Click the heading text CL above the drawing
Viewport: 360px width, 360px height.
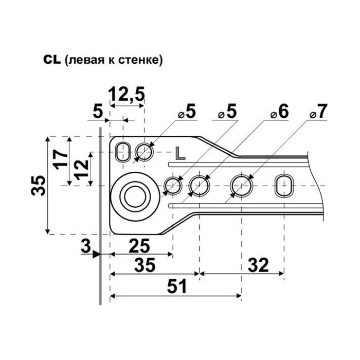[x=52, y=60]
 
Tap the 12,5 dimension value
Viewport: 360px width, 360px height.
[x=127, y=95]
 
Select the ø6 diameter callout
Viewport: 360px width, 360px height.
[x=279, y=112]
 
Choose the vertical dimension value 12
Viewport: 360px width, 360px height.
[x=81, y=169]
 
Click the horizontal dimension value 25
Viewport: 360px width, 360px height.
[x=139, y=246]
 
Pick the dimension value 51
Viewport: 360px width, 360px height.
[x=177, y=287]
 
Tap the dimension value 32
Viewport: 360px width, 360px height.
[x=258, y=265]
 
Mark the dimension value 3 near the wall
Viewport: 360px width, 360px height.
[x=86, y=246]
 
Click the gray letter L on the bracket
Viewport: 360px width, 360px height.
[x=180, y=153]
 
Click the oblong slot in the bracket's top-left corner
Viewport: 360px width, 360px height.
[x=123, y=152]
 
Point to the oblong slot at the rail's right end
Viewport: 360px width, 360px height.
[x=284, y=186]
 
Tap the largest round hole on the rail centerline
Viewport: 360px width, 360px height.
[x=242, y=186]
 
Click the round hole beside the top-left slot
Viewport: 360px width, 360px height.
[x=145, y=152]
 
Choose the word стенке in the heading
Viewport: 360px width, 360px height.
[x=140, y=60]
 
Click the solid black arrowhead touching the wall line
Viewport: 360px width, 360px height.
[x=97, y=255]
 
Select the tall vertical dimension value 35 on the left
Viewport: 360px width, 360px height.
[x=38, y=186]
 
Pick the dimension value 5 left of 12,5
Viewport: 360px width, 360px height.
[x=98, y=112]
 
